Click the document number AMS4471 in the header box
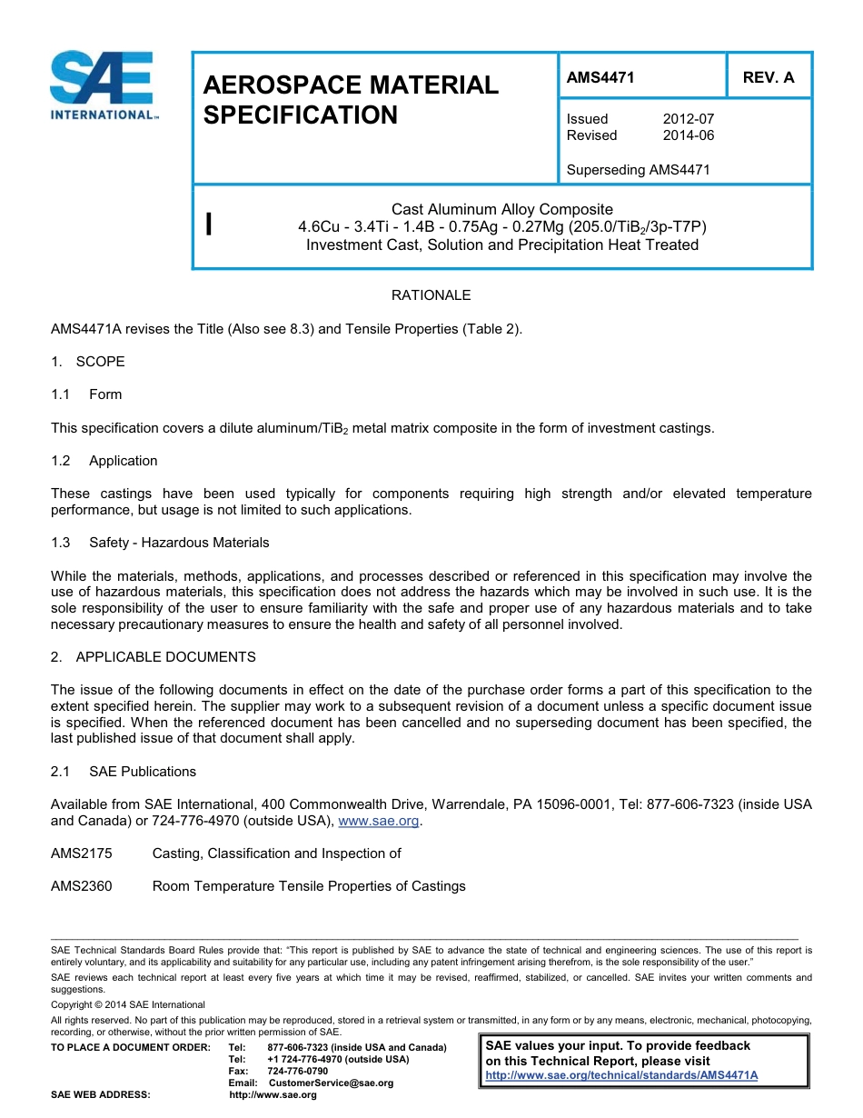600,78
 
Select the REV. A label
768,78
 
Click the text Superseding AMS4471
638,170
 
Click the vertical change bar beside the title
209,225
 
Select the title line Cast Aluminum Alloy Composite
501,210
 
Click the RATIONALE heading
431,295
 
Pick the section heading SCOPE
100,362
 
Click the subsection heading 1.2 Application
123,461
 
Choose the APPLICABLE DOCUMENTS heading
165,657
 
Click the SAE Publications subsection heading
142,772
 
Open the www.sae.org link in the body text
378,822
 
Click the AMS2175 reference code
82,853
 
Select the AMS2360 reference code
82,886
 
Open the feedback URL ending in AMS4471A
621,1075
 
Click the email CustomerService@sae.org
325,1083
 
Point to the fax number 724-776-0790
298,1072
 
